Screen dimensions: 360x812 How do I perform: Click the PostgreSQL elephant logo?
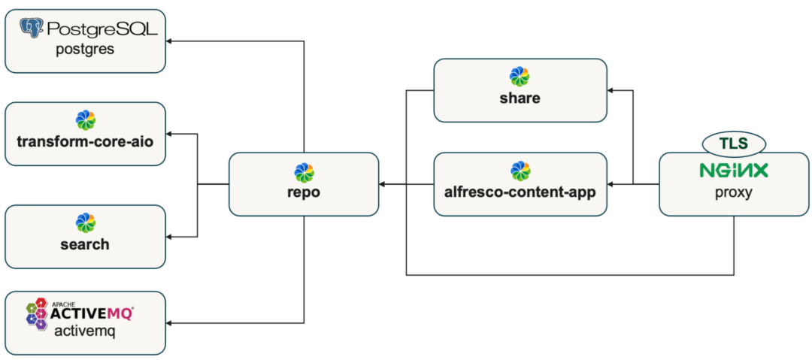[x=32, y=29]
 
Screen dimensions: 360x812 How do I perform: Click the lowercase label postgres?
[x=84, y=50]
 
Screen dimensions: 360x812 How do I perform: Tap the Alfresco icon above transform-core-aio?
[x=85, y=120]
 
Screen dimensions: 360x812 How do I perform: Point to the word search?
[x=84, y=244]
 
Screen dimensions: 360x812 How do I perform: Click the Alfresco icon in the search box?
[x=85, y=223]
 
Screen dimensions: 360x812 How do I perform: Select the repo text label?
[x=304, y=192]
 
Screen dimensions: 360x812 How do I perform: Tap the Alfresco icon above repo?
[x=304, y=172]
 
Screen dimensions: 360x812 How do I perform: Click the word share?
[x=520, y=98]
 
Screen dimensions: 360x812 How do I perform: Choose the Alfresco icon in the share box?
[x=520, y=77]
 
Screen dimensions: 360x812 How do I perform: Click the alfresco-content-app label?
[x=520, y=192]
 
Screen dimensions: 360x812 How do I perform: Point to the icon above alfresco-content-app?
[x=520, y=171]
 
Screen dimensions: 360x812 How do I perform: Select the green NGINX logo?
[x=733, y=171]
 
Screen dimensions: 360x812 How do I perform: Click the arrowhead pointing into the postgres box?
[x=170, y=41]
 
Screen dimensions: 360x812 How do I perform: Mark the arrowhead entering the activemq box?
[x=170, y=324]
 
